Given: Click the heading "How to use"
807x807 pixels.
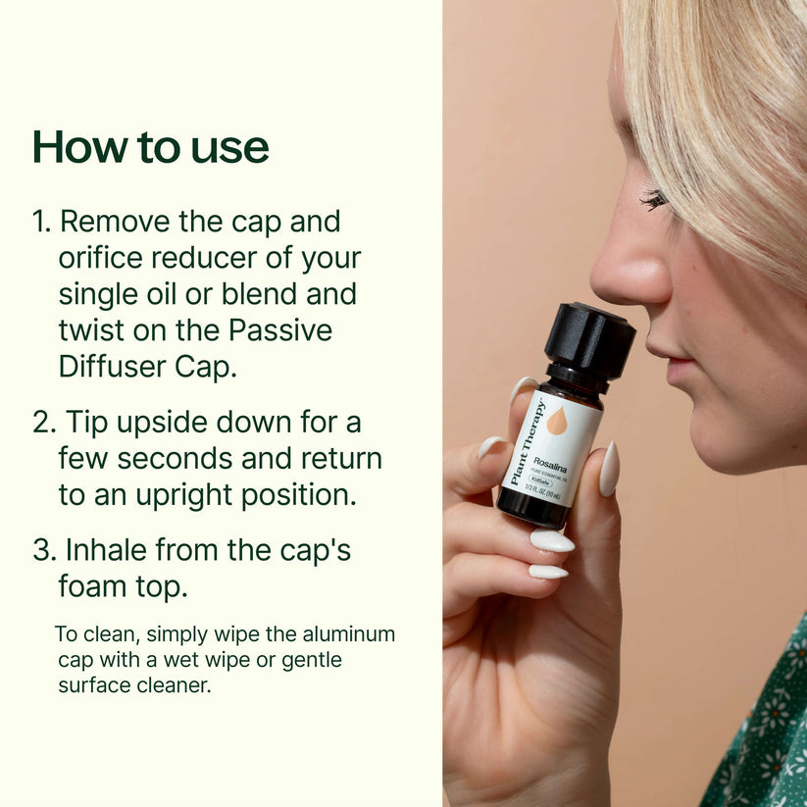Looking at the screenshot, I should point(150,147).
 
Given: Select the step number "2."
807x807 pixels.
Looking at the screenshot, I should point(44,423).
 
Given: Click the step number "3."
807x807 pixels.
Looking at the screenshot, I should point(44,549).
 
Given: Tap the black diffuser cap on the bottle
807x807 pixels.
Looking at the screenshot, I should point(589,339).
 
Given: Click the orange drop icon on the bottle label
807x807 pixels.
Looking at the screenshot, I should point(556,421).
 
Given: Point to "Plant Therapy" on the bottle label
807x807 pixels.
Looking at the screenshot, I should point(528,442).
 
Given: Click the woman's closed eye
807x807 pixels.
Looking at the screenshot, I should point(654,200).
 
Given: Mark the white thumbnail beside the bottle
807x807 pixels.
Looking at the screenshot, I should point(610,469).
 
